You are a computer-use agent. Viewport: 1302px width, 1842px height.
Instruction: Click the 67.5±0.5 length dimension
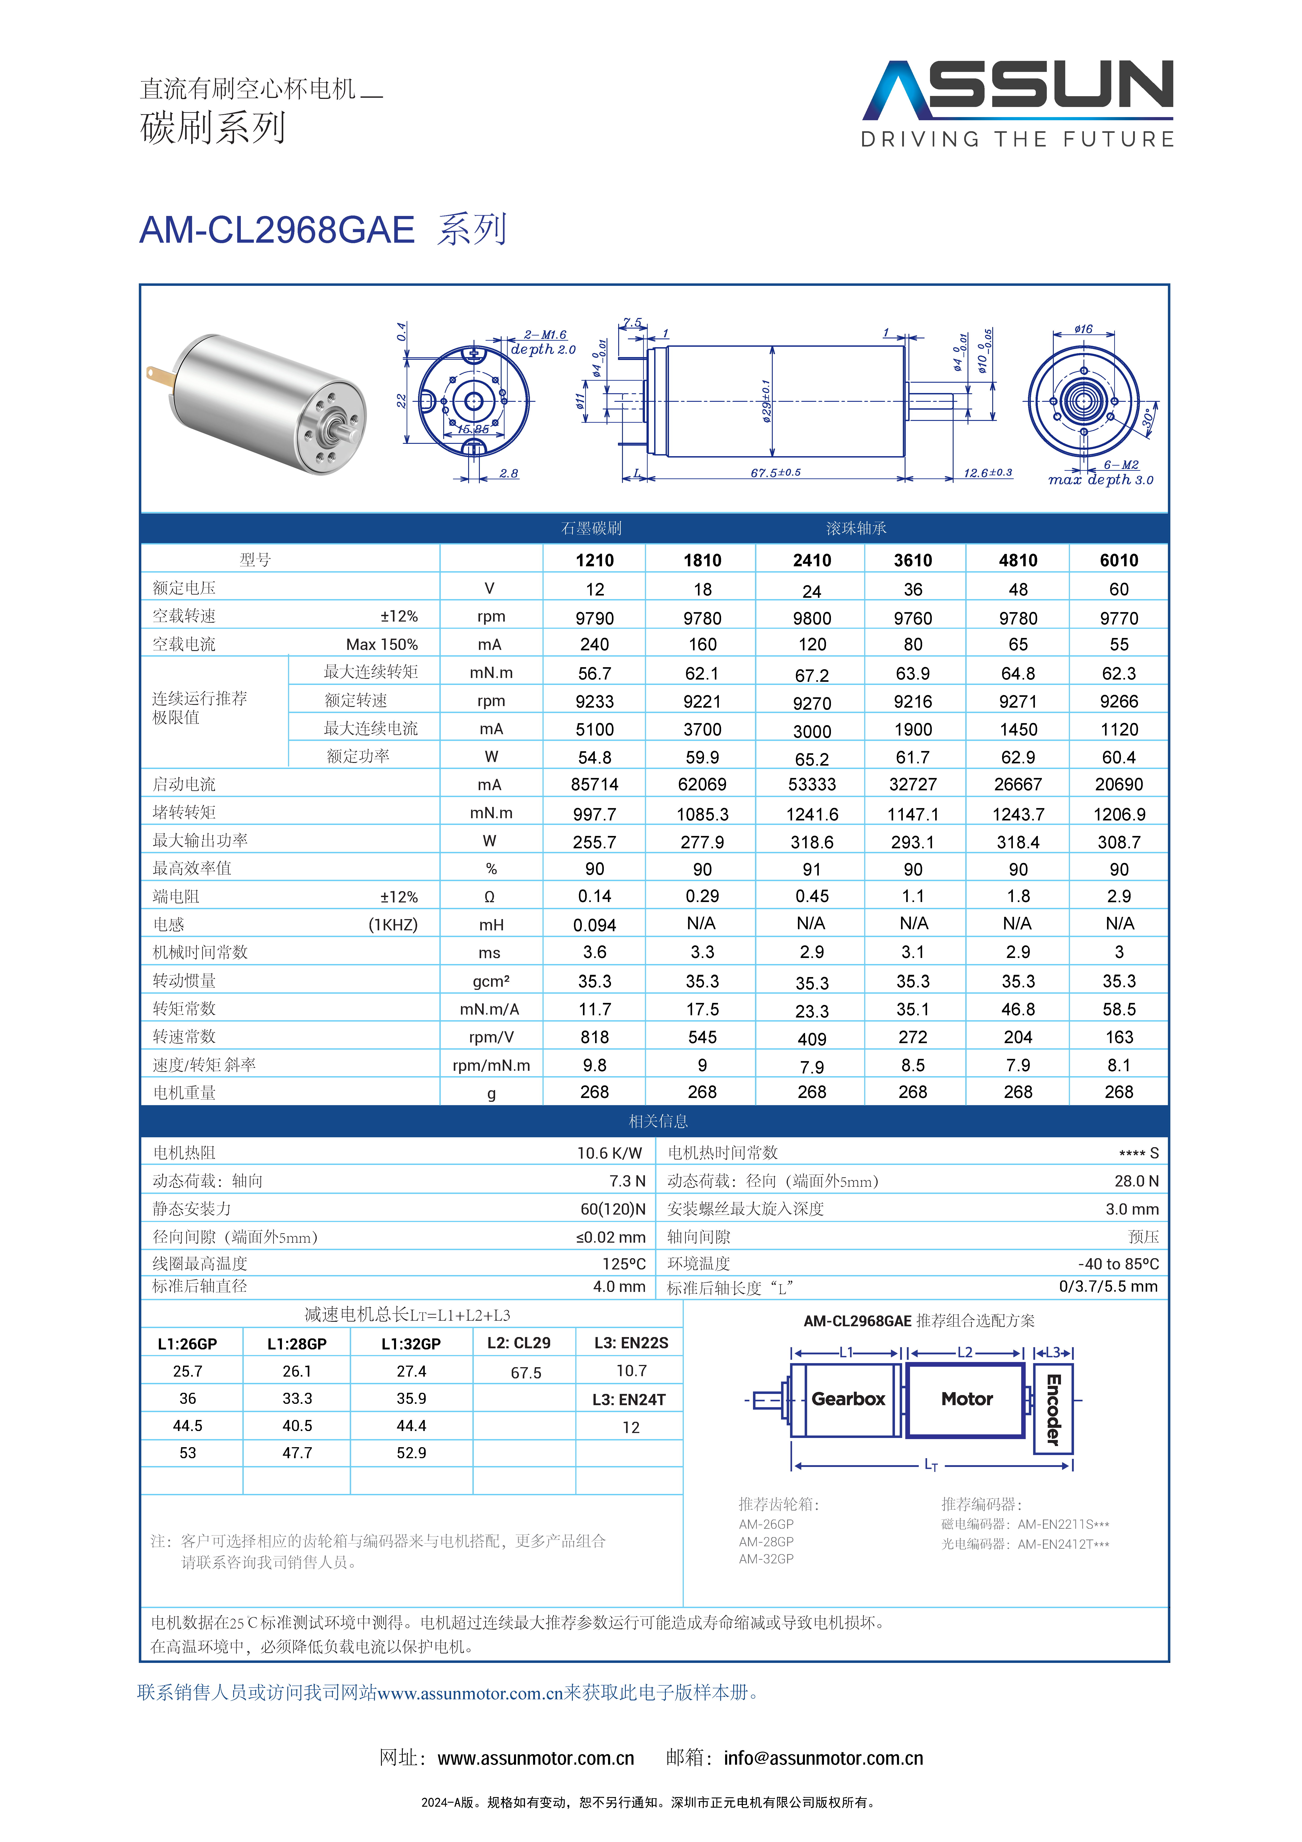pos(775,473)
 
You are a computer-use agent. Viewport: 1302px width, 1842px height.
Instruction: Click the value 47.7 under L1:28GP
pos(297,1453)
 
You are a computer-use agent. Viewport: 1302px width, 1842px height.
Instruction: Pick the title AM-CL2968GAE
pos(277,230)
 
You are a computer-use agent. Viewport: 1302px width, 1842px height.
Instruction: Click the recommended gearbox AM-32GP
pos(766,1559)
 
